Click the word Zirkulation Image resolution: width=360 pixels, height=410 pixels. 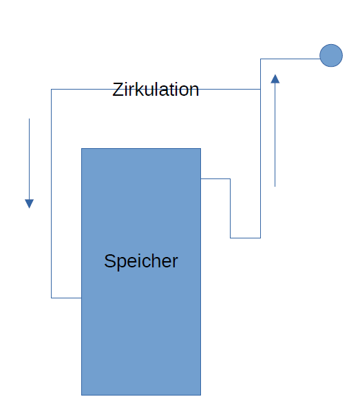[x=156, y=90]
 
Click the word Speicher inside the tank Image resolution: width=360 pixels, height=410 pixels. [x=141, y=261]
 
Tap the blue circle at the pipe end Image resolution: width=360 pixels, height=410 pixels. [x=331, y=55]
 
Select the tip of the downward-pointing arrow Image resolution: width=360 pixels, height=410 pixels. [x=30, y=208]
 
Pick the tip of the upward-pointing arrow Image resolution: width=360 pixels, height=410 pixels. [x=275, y=75]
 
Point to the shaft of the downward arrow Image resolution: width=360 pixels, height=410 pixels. [x=30, y=159]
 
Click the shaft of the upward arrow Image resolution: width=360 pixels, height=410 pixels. [x=275, y=135]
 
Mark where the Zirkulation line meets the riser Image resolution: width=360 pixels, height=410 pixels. [x=260, y=89]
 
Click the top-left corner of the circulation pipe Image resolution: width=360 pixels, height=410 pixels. [x=51, y=89]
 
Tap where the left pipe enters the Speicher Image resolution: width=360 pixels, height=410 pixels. [x=81, y=298]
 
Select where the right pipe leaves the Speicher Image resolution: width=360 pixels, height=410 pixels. [x=200, y=179]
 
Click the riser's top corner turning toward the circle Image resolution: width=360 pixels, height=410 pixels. [x=260, y=59]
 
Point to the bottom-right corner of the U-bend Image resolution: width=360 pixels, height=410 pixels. [x=260, y=238]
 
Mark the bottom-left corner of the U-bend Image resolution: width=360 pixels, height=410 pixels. [x=230, y=238]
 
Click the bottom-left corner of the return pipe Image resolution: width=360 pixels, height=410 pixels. [x=51, y=298]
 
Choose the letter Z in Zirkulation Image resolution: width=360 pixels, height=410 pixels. [x=117, y=90]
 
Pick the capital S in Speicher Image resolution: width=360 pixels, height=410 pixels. [x=110, y=261]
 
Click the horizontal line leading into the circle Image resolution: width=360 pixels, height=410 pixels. [x=290, y=59]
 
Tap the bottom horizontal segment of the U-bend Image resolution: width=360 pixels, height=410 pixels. [x=245, y=238]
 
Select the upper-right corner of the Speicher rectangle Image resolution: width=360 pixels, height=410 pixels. [x=200, y=149]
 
